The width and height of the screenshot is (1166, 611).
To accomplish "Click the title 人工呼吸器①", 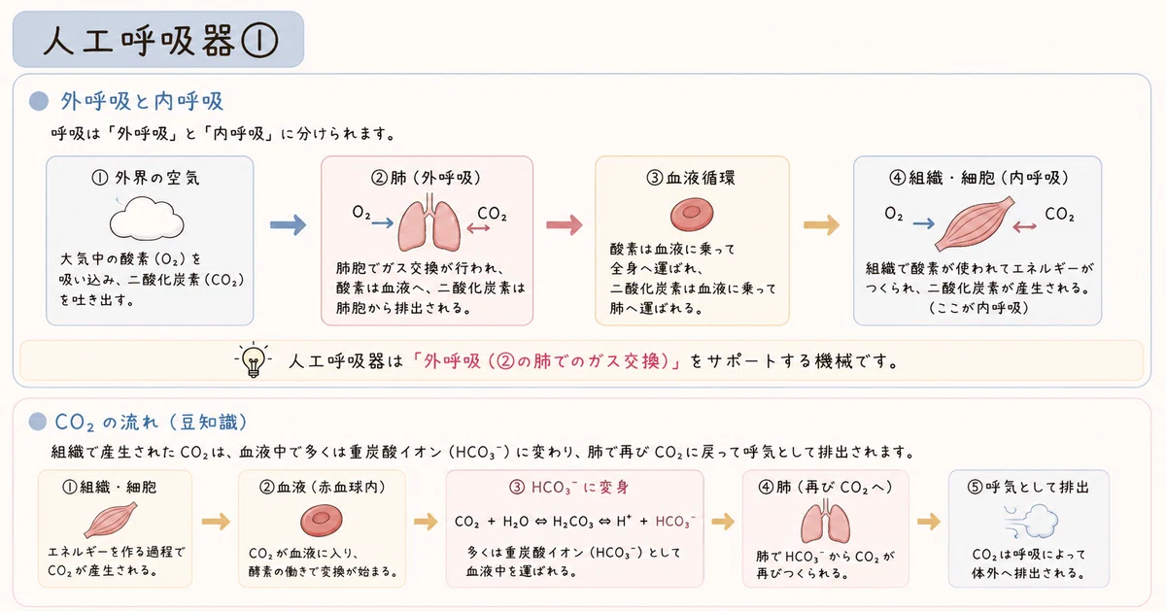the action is [160, 41].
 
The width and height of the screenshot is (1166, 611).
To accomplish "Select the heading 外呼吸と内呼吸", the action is [142, 101].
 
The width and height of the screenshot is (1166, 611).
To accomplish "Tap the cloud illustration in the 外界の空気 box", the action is [147, 218].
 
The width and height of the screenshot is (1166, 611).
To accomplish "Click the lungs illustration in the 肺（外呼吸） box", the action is [429, 222].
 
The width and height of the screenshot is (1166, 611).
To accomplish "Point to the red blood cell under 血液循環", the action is [692, 214].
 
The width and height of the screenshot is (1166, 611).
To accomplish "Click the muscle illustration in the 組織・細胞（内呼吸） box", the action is [975, 222].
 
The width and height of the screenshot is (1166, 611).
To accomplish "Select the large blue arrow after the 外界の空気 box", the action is [288, 224].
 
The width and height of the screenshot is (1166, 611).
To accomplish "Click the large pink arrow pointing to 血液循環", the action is [565, 224].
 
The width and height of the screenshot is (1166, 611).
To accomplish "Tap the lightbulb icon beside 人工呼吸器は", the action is [254, 359].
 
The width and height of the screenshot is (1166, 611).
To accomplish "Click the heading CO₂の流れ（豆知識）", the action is [151, 423].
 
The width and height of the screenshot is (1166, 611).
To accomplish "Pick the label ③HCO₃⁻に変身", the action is [569, 487].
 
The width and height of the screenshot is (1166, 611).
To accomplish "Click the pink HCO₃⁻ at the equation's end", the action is [675, 522].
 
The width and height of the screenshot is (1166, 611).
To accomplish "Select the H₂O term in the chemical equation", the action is [516, 522].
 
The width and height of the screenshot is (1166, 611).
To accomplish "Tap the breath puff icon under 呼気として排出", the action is [1030, 522].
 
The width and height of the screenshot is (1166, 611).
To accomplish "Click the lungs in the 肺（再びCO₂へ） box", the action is [825, 522].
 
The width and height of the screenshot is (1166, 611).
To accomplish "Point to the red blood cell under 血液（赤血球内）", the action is [322, 521].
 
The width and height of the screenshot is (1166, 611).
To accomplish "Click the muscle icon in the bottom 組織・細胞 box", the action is [111, 520].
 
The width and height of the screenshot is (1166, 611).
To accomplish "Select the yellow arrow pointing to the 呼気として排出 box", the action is [929, 521].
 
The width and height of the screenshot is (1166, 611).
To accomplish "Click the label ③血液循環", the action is [691, 178].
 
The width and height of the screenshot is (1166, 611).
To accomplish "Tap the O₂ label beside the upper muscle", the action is [893, 214].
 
